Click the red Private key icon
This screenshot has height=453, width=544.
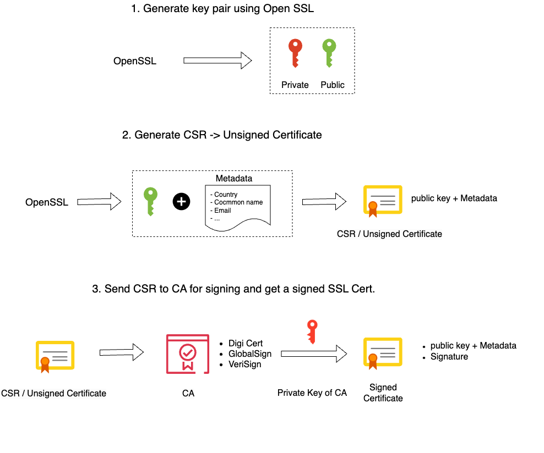pyautogui.click(x=295, y=52)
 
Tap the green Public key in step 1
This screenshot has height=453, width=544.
pyautogui.click(x=329, y=52)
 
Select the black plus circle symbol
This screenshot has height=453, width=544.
pyautogui.click(x=181, y=202)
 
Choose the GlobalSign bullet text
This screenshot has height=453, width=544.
pyautogui.click(x=250, y=354)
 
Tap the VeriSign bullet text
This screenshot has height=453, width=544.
pyautogui.click(x=244, y=364)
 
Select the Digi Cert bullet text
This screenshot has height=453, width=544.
pyautogui.click(x=246, y=344)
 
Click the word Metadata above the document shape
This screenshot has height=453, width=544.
pyautogui.click(x=234, y=179)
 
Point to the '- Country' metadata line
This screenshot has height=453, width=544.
pyautogui.click(x=224, y=194)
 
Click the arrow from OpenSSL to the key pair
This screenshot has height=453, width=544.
pyautogui.click(x=217, y=60)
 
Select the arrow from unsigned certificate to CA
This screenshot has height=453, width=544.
pyautogui.click(x=121, y=352)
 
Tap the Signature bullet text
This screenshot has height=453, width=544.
pyautogui.click(x=449, y=356)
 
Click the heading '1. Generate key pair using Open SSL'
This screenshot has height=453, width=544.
pyautogui.click(x=222, y=9)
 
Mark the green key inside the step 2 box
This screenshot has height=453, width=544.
pyautogui.click(x=150, y=201)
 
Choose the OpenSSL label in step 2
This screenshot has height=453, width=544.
pyautogui.click(x=47, y=202)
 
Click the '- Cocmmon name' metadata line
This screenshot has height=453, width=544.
pyautogui.click(x=238, y=202)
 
